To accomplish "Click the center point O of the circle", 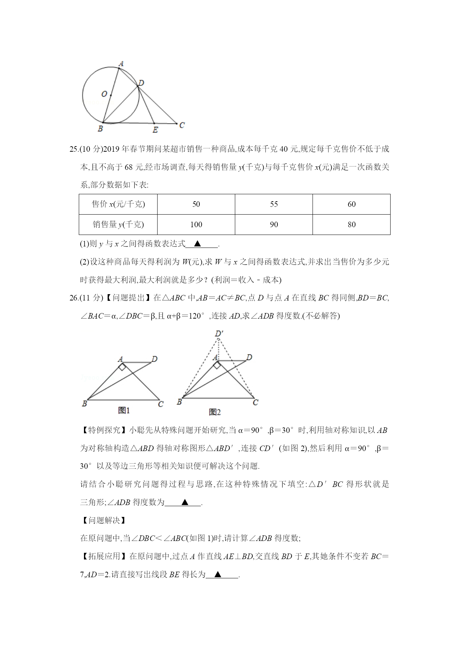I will point(110,95).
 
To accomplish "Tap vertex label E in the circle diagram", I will point(155,130).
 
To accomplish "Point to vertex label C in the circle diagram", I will point(182,125).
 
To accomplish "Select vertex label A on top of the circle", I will point(121,64).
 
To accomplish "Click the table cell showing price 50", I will point(196,204).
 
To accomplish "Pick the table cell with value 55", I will point(274,204).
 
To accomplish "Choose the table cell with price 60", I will point(351,204).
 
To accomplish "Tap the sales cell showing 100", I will point(196,225).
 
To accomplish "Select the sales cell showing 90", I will point(274,225).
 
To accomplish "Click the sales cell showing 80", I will point(351,225).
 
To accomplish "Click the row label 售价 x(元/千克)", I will point(118,204).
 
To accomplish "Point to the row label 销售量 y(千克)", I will point(118,225).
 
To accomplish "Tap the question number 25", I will point(74,149).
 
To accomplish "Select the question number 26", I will point(74,298).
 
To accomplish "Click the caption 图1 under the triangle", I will point(124,410).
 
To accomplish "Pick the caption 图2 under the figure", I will point(215,412).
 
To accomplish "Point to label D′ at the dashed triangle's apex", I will point(219,334).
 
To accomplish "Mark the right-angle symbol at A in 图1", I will point(122,366).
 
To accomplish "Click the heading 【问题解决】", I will point(103,520).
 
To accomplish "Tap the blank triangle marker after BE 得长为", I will point(218,575).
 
